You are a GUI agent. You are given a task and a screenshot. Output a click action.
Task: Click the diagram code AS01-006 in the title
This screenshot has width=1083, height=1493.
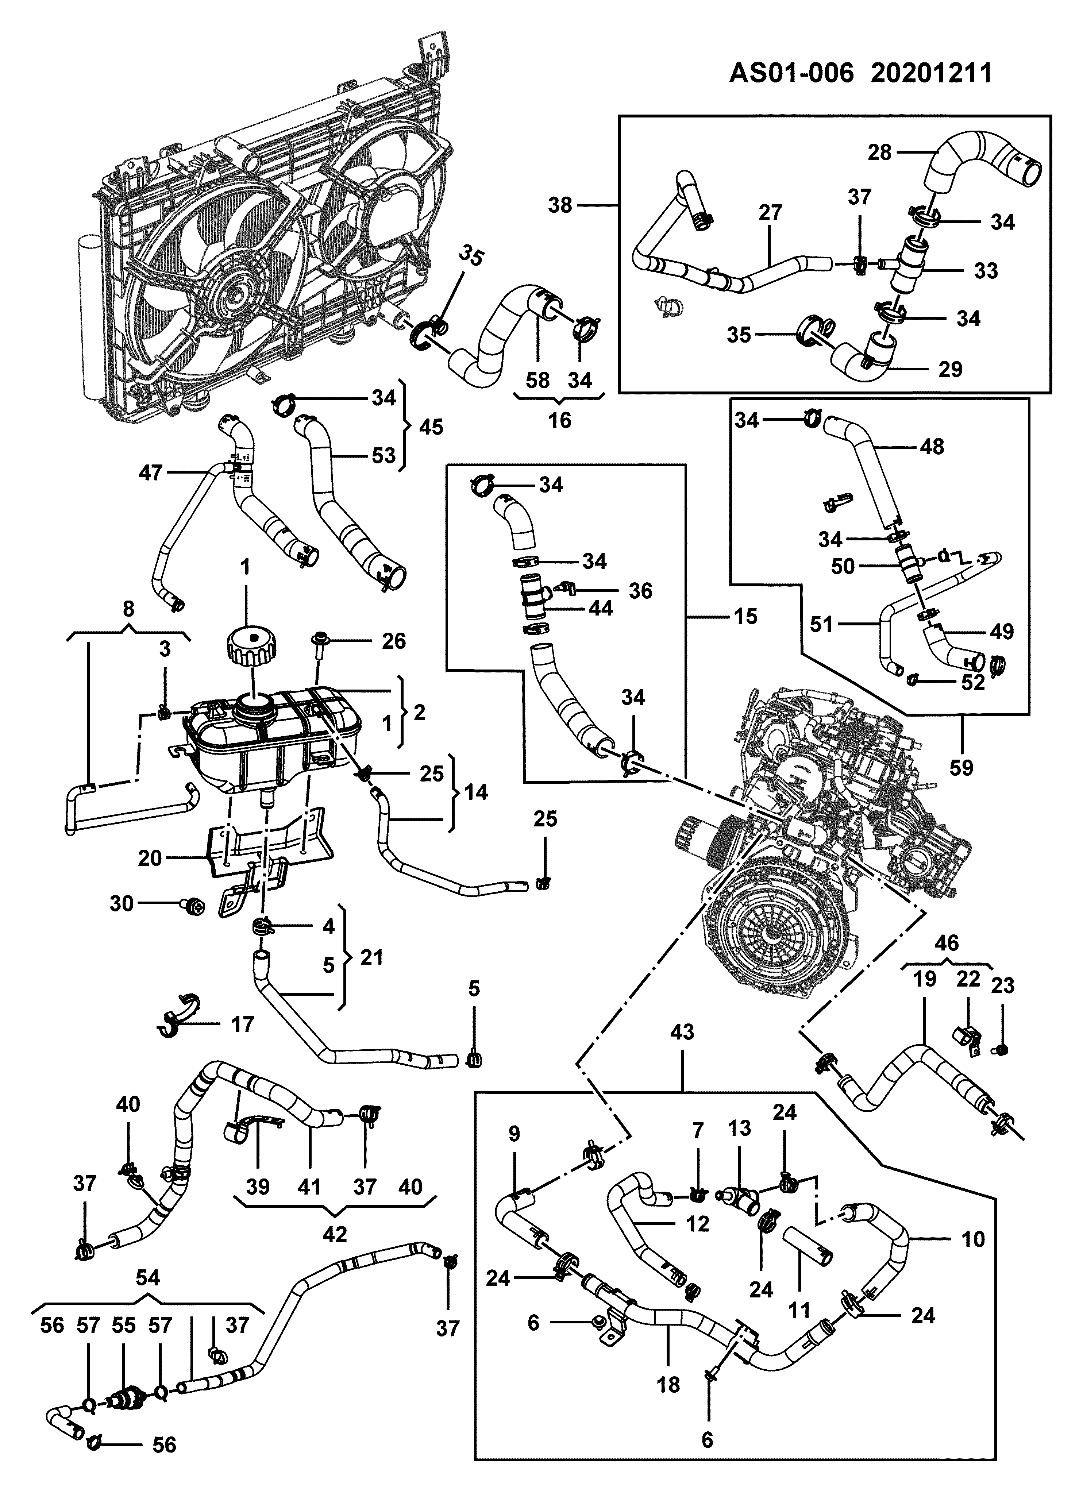point(791,73)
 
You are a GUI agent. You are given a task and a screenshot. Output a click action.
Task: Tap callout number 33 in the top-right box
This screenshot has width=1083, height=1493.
point(986,271)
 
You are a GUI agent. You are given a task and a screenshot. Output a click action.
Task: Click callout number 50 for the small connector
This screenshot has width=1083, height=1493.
point(843,566)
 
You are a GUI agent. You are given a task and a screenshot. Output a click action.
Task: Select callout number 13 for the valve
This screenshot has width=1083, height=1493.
point(739,1128)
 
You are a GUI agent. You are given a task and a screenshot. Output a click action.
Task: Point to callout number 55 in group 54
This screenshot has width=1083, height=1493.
point(124,1325)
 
